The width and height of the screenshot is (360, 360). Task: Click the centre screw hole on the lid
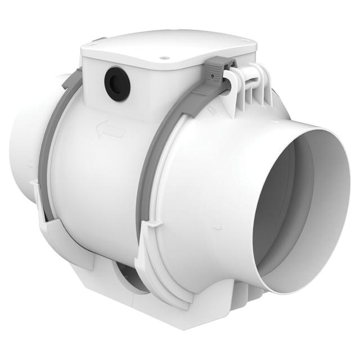point(165,56)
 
